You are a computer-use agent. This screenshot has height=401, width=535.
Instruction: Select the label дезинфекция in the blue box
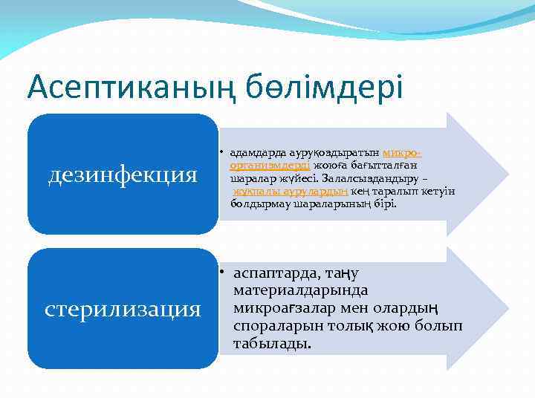(x=123, y=175)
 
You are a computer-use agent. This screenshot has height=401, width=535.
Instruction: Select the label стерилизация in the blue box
(x=123, y=308)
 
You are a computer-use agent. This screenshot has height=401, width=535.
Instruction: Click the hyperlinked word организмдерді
(x=271, y=166)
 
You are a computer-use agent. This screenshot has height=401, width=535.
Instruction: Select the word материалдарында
(x=300, y=290)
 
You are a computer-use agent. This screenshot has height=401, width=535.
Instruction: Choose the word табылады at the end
(x=271, y=344)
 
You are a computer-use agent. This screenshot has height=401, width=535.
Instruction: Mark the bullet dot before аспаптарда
(x=224, y=273)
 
